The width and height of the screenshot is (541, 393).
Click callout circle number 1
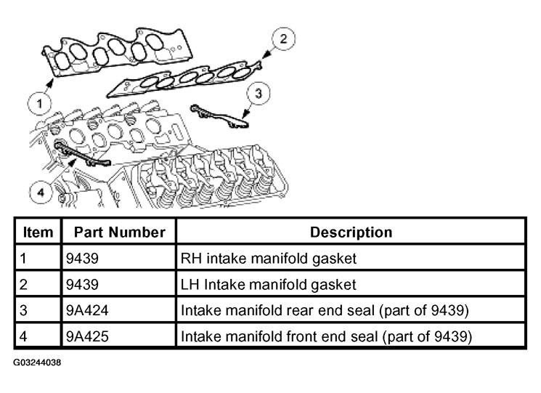pos(40,103)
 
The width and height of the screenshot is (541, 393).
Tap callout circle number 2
pos(283,39)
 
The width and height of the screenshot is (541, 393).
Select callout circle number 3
pos(259,93)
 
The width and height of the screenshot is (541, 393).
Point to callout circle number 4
pos(41,193)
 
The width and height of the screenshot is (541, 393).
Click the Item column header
pos(38,232)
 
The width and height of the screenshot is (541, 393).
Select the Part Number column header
pos(119,232)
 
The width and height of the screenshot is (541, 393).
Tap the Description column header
pos(351,232)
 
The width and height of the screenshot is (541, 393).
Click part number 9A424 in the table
pos(87,310)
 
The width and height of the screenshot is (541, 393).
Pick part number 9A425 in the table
pos(87,336)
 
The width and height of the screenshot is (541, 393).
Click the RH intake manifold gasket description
pos(269,259)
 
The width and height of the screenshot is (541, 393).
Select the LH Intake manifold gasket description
pos(268,285)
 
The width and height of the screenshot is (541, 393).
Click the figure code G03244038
pos(37,362)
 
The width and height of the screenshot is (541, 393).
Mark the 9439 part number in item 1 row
pos(82,259)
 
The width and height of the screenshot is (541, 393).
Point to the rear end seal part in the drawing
pos(220,117)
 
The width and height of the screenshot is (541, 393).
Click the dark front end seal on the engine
pos(81,153)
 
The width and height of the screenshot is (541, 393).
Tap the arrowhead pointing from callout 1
pos(51,82)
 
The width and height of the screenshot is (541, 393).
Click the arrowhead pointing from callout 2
pos(266,54)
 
